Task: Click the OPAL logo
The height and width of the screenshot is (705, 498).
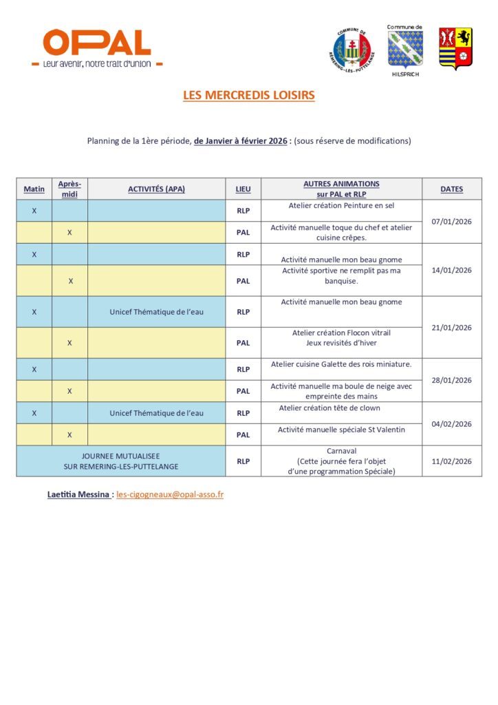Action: coord(97,48)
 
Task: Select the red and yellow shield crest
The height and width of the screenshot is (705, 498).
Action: coord(455,48)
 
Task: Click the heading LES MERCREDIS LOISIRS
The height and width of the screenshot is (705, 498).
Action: coord(248,96)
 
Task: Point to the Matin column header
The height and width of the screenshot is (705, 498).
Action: coord(34,189)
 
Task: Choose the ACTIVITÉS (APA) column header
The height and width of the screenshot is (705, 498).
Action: coord(156,189)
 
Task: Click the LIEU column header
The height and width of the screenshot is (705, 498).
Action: coord(243,189)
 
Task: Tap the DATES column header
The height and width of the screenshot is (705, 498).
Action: coord(451,189)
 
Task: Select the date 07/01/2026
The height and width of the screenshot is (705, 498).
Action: coord(451,222)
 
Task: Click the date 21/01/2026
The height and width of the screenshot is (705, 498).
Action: coord(451,327)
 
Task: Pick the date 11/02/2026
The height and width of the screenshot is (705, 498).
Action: coord(451,461)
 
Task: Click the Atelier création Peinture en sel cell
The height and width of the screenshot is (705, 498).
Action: coord(341,205)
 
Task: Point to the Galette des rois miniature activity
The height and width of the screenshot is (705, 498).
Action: coord(341,364)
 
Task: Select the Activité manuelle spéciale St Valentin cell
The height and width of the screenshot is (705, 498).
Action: coord(341,430)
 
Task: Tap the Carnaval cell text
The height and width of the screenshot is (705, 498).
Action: coord(341,451)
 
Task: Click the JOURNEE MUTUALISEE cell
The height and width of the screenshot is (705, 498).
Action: coord(120,461)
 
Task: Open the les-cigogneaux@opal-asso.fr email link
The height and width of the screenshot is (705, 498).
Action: coord(170,494)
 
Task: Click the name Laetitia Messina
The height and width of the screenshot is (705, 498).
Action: coord(78,494)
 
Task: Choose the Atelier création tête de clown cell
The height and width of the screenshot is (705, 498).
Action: coord(341,408)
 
